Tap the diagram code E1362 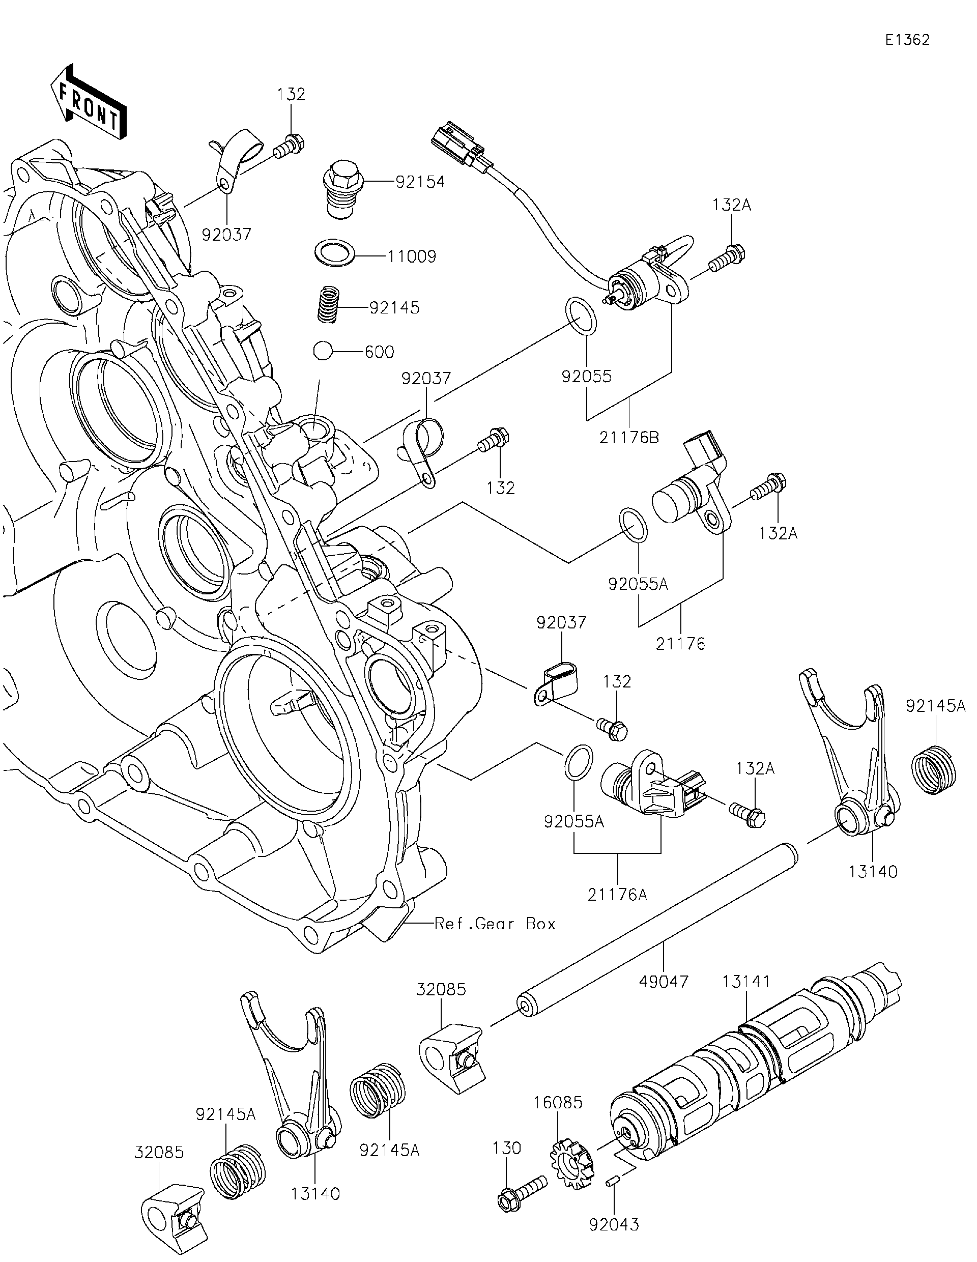pyautogui.click(x=907, y=40)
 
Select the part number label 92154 pyautogui.click(x=420, y=182)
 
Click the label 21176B pyautogui.click(x=628, y=438)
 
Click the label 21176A pyautogui.click(x=617, y=895)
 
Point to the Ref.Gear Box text pyautogui.click(x=495, y=924)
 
